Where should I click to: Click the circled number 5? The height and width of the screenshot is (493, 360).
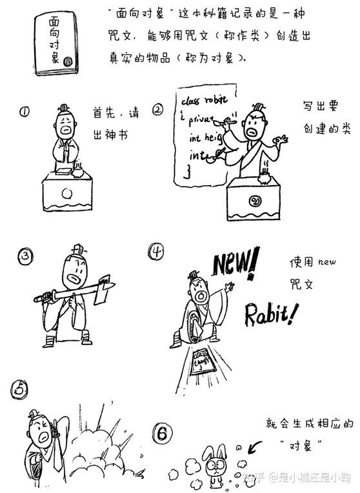pos(19,388)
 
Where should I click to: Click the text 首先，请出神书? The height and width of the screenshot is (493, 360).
pos(115,126)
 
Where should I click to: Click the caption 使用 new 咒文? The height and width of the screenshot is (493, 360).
pos(304,273)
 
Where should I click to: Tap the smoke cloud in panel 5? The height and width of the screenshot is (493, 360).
pos(97,445)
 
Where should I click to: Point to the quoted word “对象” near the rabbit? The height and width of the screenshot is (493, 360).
pos(301,445)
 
